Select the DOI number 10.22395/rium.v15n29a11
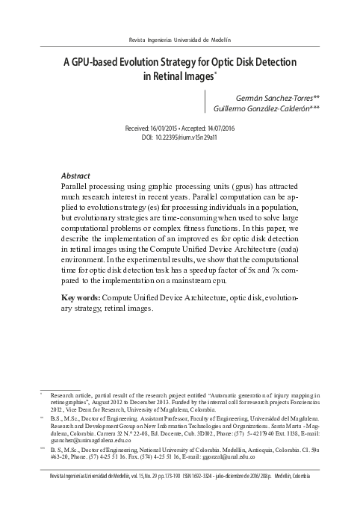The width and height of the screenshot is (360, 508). click(192, 138)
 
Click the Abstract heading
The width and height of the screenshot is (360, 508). click(75, 170)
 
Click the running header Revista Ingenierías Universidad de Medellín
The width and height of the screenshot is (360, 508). click(179, 39)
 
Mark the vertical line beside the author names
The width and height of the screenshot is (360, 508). click(205, 103)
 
